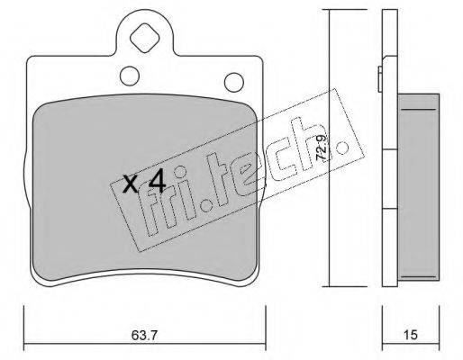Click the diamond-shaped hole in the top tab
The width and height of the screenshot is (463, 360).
point(144,38)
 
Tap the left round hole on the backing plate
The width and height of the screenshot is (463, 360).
point(130,76)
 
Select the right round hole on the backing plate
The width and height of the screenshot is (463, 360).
point(234,82)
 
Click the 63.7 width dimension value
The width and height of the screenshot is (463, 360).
point(144,335)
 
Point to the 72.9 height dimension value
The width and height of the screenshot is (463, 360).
point(322,148)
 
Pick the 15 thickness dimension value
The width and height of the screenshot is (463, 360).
point(410,335)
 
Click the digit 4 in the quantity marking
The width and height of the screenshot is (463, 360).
point(158,181)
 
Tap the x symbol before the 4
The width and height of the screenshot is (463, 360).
point(131,184)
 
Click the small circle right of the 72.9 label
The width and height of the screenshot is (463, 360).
point(342,148)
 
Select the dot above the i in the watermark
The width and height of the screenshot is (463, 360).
point(180,173)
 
